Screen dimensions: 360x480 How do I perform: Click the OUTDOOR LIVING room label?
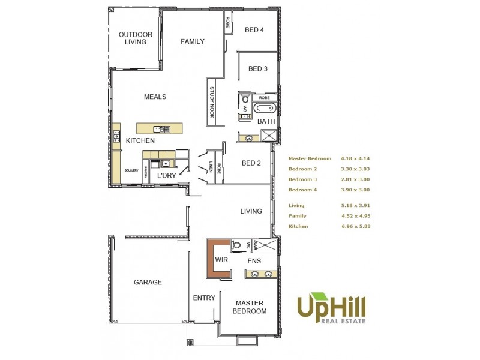(x=135, y=38)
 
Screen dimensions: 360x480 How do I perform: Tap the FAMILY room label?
(x=193, y=41)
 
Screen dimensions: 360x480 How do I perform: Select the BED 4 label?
(x=254, y=30)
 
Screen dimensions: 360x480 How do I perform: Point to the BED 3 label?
(x=257, y=68)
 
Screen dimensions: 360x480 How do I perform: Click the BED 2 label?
(x=251, y=163)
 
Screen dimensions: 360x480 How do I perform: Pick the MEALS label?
(x=155, y=97)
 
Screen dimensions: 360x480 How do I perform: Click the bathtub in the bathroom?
(x=264, y=109)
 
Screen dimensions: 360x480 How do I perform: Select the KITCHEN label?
(x=140, y=140)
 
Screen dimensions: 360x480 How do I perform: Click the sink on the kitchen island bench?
(x=158, y=128)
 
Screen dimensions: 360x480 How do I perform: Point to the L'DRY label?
(x=166, y=176)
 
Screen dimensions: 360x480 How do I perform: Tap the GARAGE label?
(x=148, y=282)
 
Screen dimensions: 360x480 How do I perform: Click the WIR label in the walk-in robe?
(x=221, y=260)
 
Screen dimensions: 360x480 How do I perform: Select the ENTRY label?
(x=204, y=298)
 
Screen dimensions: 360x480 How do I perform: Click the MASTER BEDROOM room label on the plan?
(x=250, y=307)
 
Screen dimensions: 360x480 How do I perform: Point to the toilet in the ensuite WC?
(x=238, y=245)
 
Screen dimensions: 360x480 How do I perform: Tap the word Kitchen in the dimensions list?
(x=298, y=226)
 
